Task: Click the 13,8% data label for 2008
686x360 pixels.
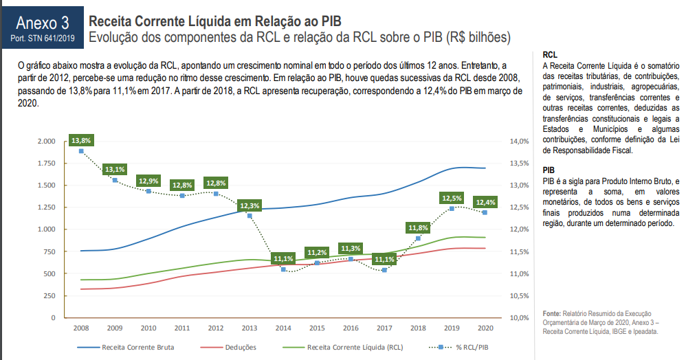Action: (81, 140)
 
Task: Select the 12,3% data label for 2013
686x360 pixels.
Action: (250, 205)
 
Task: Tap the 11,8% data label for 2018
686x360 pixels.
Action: (418, 227)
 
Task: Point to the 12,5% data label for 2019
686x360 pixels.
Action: (452, 198)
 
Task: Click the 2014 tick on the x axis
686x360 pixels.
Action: (283, 328)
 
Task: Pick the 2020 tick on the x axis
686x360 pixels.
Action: (485, 328)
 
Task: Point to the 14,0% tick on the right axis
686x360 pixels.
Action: (520, 142)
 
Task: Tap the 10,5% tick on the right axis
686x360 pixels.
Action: (520, 296)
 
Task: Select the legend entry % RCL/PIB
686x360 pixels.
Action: (472, 348)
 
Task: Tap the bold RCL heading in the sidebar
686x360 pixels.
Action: (550, 54)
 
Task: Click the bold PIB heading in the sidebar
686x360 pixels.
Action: (549, 170)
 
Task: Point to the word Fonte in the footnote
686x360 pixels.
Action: (553, 313)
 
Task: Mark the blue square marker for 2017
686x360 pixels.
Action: (384, 270)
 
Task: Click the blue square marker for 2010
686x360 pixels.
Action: (148, 190)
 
